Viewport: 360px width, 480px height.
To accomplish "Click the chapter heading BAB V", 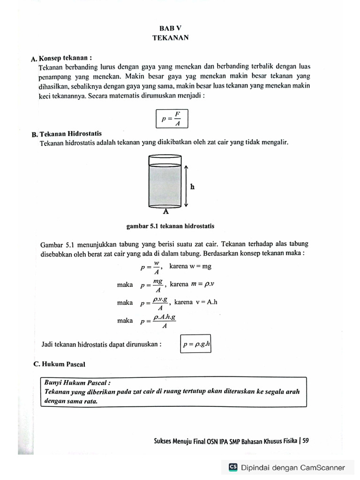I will tap(170, 28).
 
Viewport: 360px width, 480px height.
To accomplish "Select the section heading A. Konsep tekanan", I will tap(60, 58).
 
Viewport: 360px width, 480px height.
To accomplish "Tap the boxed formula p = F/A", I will tap(172, 119).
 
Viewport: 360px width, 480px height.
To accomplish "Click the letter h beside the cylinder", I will tap(192, 187).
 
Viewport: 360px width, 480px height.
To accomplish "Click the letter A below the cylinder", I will tap(165, 211).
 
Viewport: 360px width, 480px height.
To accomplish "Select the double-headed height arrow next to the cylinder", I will tap(186, 186).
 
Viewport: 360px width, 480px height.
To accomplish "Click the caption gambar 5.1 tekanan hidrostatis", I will tap(170, 226).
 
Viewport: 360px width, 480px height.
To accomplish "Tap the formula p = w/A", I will tap(151, 268).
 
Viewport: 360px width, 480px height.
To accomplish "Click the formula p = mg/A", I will tap(153, 285).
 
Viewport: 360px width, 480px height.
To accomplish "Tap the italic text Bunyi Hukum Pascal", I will tap(77, 382).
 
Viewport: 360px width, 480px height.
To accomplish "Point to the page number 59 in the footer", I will tap(306, 441).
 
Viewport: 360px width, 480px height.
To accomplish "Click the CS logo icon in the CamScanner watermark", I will tap(233, 467).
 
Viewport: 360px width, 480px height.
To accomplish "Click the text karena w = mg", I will tap(190, 266).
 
